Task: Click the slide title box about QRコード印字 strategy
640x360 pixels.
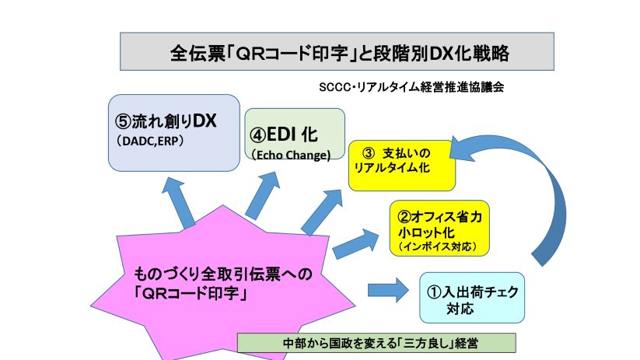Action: pos(336,52)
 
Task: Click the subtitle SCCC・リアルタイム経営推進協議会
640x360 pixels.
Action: pos(411,87)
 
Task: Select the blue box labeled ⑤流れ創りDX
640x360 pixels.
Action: pos(173,132)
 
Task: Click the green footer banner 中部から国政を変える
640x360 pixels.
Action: pos(376,343)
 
